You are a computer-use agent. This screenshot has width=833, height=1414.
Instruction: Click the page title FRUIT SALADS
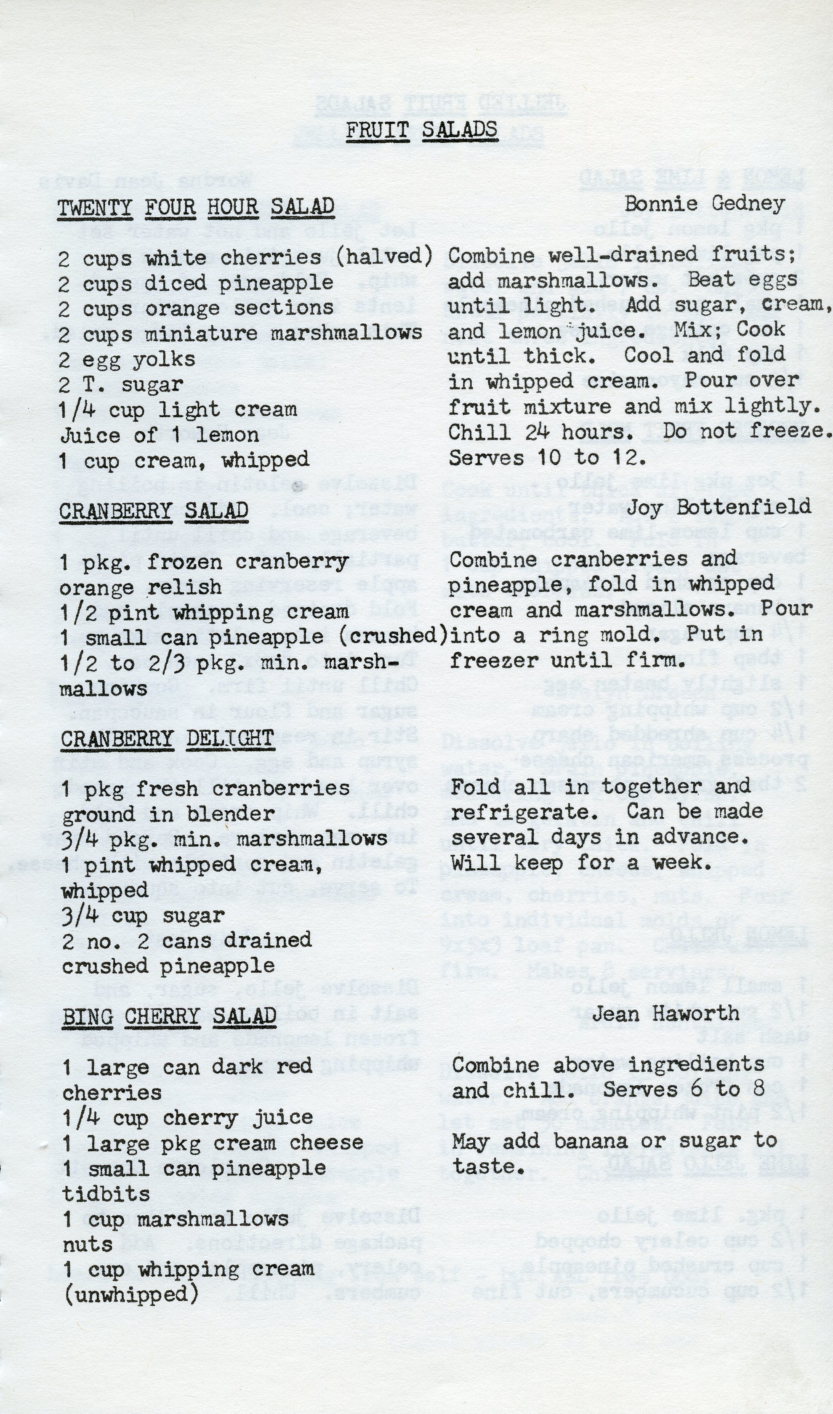421,130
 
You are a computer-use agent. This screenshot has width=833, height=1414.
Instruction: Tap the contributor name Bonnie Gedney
705,204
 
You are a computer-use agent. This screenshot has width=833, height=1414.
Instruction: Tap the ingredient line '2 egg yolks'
127,360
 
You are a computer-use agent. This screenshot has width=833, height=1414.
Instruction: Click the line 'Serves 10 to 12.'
547,458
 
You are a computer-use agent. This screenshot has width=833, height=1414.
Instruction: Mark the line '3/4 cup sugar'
143,916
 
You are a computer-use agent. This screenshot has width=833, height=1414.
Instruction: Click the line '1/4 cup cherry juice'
187,1118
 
